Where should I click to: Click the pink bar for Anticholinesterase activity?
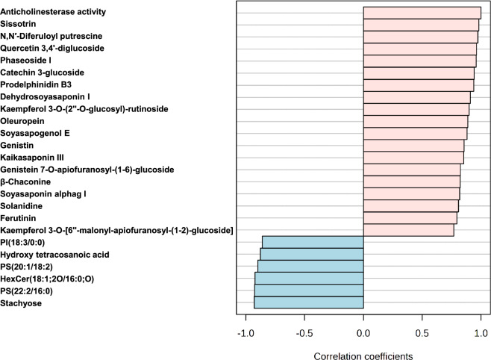(x=422, y=13)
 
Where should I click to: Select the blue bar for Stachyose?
(x=309, y=302)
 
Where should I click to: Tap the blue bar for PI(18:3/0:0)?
(x=313, y=242)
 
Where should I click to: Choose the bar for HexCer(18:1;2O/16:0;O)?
(x=309, y=278)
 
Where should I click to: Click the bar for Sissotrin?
(x=421, y=25)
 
